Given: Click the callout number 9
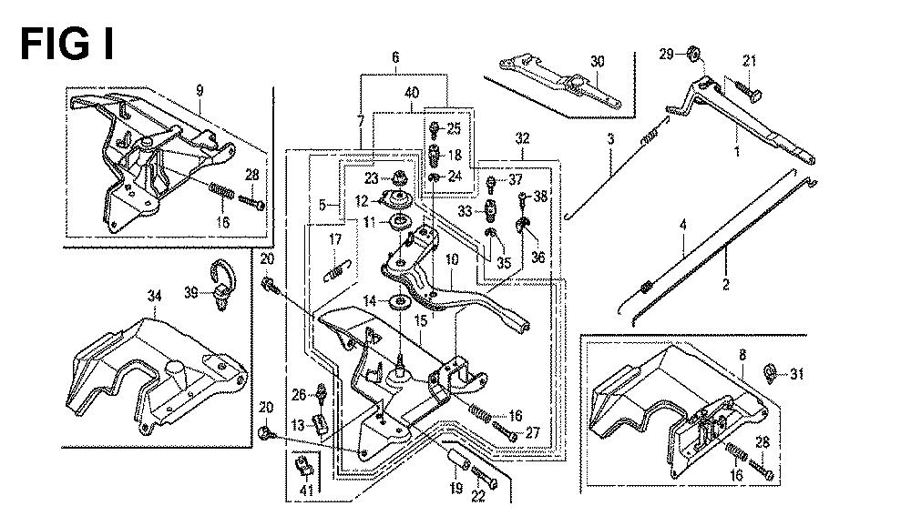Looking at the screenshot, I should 199,90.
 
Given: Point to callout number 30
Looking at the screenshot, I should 598,62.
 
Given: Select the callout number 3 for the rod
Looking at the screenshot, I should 610,138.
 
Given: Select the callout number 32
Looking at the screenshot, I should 521,139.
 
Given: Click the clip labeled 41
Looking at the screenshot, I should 305,469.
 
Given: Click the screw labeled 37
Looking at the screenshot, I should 493,181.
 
